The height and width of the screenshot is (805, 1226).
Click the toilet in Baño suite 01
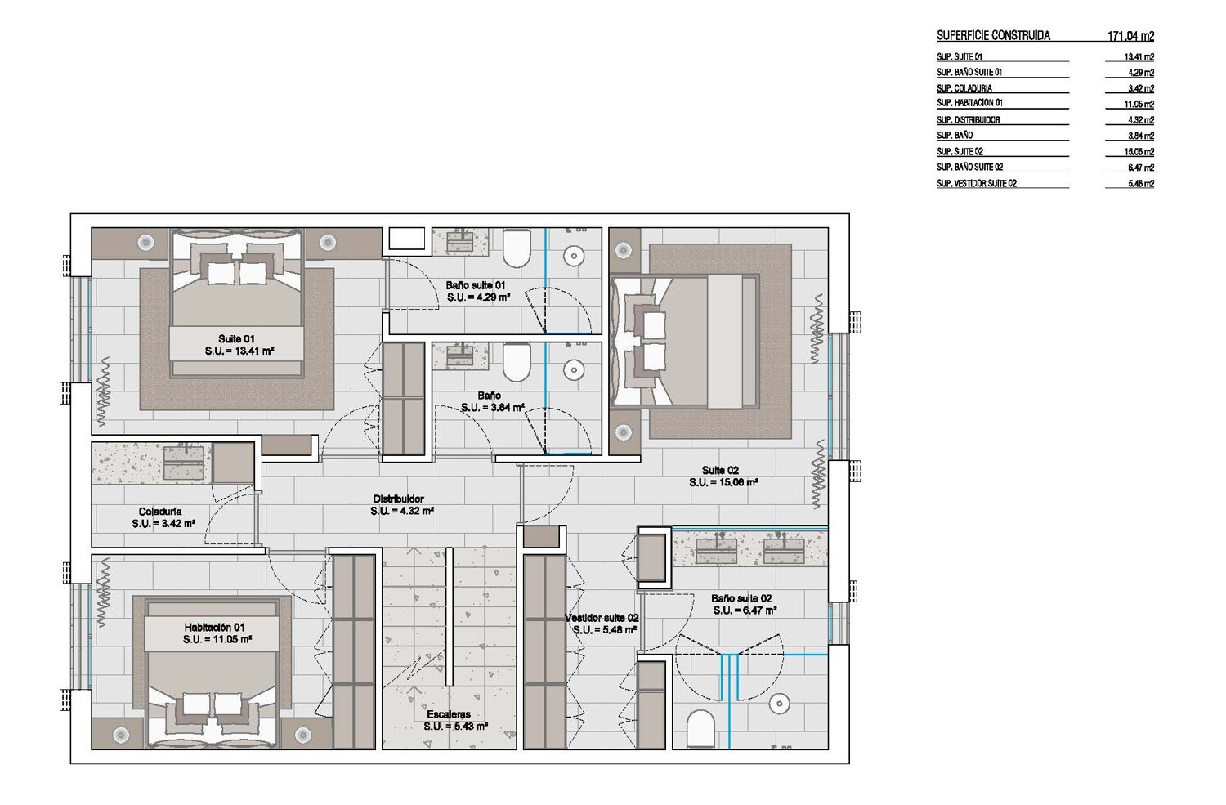[517, 248]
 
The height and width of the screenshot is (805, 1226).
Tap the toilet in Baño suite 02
[700, 730]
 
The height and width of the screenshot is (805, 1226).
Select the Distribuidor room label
[399, 499]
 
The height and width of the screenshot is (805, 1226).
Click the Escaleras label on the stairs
[448, 714]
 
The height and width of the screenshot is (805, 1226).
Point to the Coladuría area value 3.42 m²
[163, 524]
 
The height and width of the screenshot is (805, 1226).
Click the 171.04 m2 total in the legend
[1130, 36]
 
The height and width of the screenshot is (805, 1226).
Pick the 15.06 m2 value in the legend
[1139, 152]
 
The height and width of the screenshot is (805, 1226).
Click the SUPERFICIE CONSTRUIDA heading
[993, 36]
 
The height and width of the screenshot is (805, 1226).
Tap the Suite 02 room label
[720, 470]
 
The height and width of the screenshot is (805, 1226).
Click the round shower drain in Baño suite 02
[779, 704]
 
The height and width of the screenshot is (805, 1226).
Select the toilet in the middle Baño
[517, 362]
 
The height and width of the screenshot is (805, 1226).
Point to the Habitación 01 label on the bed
[214, 627]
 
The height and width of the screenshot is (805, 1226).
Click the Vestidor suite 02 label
[602, 618]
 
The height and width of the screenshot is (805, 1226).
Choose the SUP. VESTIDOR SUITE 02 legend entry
[977, 184]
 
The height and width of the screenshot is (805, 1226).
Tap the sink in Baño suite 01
[459, 242]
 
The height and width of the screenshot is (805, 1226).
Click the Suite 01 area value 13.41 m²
[239, 351]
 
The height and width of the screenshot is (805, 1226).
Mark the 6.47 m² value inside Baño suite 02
[745, 610]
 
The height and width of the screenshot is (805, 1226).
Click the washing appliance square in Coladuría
[233, 463]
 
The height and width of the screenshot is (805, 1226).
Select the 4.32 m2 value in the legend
[1141, 120]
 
